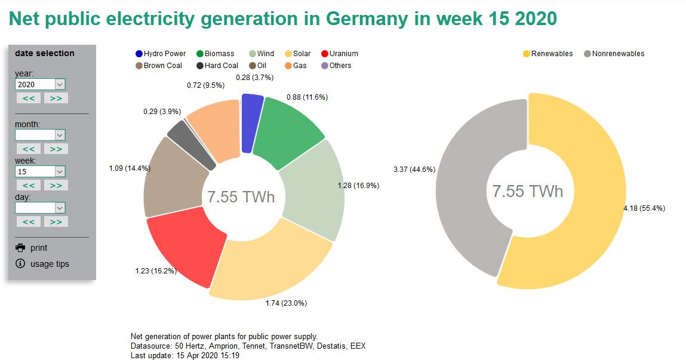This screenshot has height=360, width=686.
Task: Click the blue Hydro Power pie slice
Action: point(252,124)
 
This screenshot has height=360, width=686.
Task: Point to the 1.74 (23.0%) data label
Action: point(286,303)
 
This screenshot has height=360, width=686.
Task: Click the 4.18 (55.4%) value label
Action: point(644,208)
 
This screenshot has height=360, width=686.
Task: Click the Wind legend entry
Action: point(262,54)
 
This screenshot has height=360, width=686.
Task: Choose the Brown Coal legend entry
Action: point(159,66)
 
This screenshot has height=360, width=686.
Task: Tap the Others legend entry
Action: point(336,66)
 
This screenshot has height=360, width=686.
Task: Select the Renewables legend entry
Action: point(547,54)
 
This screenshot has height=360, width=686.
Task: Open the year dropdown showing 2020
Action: point(40,85)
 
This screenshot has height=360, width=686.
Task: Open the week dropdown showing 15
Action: point(40,171)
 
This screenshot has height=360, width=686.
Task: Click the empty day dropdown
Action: point(40,208)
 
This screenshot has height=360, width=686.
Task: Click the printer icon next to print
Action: point(21,248)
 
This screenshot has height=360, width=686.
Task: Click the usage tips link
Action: point(50,264)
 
